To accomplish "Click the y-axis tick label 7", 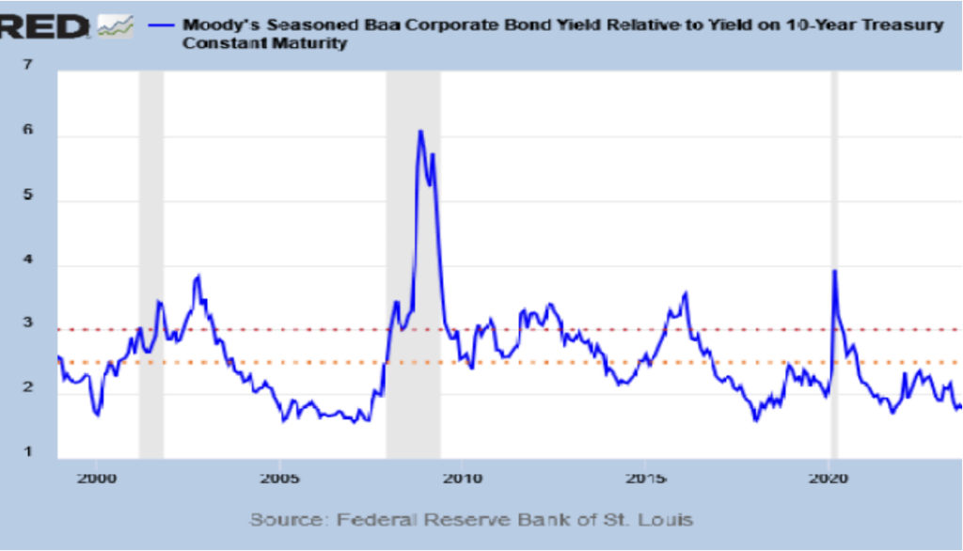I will (x=29, y=66).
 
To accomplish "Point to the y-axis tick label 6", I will (x=29, y=131).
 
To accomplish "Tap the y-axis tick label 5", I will (x=29, y=196).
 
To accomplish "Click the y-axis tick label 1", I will (x=29, y=451).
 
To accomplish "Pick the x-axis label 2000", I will (x=97, y=479).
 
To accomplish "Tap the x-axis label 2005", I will (x=279, y=479).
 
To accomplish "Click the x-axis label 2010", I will (x=462, y=479).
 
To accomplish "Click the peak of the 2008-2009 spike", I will (x=420, y=132).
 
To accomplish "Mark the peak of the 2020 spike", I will (x=833, y=272).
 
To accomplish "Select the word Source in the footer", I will (x=287, y=519).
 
